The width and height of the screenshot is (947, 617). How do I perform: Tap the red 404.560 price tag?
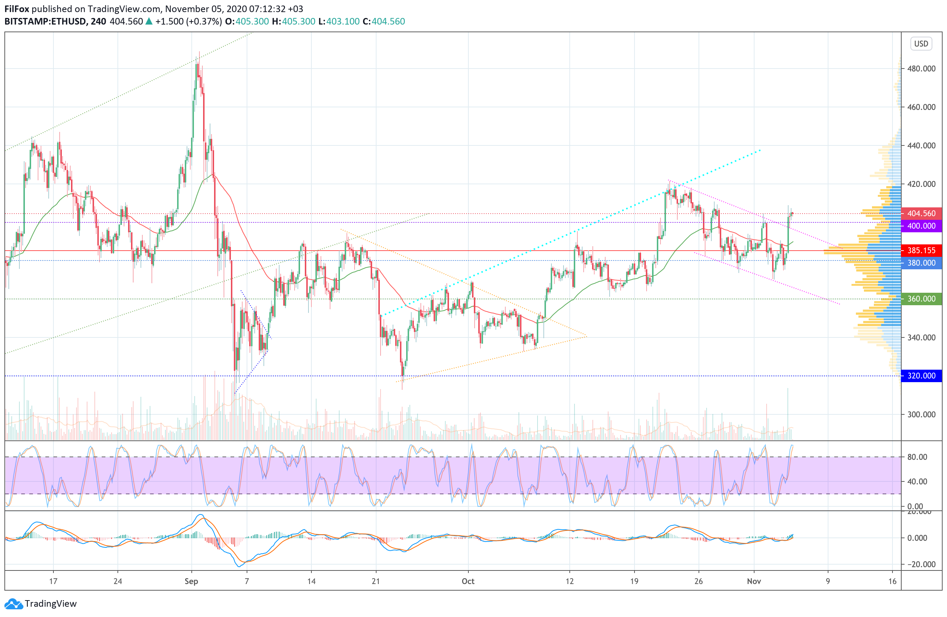921,214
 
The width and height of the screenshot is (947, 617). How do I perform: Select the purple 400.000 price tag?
921,226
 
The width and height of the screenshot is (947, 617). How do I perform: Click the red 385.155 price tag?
921,251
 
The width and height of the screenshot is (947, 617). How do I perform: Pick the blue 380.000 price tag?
921,263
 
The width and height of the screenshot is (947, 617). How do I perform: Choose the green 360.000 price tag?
921,299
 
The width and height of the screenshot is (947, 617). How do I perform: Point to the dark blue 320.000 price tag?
921,376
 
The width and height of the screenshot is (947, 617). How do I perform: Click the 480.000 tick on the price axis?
921,69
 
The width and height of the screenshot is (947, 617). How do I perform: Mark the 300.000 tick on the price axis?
921,414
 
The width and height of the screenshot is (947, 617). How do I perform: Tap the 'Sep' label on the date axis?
191,581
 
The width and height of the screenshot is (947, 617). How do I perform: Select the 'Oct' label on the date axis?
468,581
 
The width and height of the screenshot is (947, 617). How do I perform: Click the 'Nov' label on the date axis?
754,581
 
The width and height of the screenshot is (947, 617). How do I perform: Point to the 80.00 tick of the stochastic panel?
917,457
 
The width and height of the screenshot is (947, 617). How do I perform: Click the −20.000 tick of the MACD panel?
920,564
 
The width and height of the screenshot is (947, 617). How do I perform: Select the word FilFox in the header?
17,9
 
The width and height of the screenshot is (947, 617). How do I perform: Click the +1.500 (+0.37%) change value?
188,22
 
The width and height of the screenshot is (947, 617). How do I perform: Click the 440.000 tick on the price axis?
921,145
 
